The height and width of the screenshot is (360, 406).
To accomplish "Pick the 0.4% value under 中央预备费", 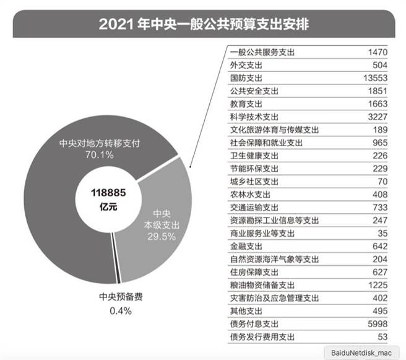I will [121, 311].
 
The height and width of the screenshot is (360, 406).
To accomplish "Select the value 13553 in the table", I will [375, 79].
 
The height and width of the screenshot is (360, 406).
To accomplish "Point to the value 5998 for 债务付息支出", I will [377, 324].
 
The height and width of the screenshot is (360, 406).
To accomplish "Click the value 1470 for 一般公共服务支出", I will [377, 53].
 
